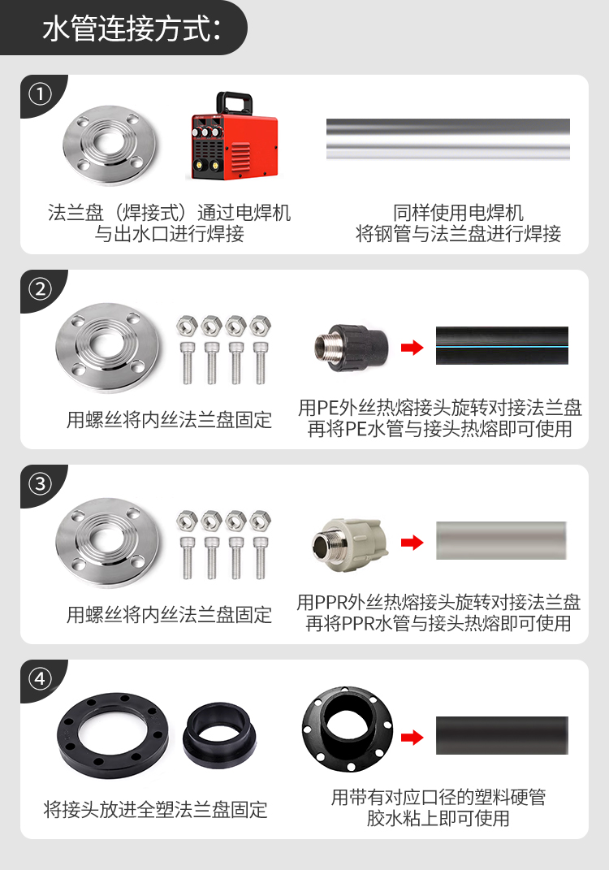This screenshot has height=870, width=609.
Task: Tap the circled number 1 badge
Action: coord(40,93)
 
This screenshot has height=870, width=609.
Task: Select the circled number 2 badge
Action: coord(40,289)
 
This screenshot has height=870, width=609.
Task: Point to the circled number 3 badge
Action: coord(40,484)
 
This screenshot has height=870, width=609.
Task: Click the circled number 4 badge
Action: coord(40,678)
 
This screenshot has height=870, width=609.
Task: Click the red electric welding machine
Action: coord(232,136)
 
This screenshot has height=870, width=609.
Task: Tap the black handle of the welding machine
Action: coord(234,103)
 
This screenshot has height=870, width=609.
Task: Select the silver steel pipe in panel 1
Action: coord(447,139)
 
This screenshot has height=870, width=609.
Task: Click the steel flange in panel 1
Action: coord(110,145)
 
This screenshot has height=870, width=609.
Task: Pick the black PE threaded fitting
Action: coord(351,348)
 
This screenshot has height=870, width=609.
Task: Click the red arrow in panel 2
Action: coord(412,348)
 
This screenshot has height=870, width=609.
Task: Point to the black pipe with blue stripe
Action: coord(502,346)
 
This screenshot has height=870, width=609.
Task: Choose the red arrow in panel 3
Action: coord(412,543)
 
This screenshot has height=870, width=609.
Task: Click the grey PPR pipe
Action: coord(501,540)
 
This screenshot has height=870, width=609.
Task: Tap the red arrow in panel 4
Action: coord(412,738)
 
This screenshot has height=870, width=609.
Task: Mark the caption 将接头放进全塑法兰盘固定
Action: coord(155,810)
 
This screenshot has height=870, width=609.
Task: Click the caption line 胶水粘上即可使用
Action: coord(438,818)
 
